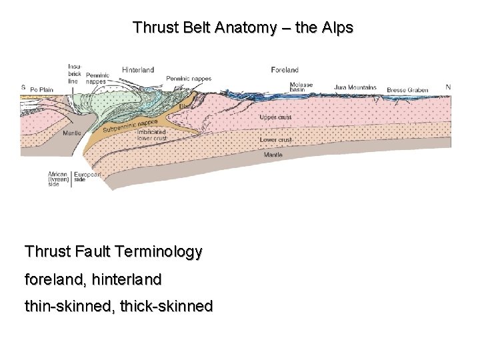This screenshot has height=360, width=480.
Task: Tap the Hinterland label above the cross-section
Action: [138, 69]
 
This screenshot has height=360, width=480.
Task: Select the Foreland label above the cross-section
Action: [285, 69]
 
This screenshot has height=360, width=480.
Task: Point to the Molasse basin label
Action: [301, 87]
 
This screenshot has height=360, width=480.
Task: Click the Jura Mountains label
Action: [355, 87]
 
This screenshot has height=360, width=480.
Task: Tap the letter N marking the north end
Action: [448, 87]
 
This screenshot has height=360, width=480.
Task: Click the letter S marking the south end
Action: [23, 87]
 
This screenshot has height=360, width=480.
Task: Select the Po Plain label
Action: [42, 87]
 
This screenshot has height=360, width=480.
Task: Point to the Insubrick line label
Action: [73, 73]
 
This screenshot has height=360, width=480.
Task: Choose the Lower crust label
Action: [275, 140]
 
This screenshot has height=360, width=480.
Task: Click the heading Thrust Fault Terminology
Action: [113, 252]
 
